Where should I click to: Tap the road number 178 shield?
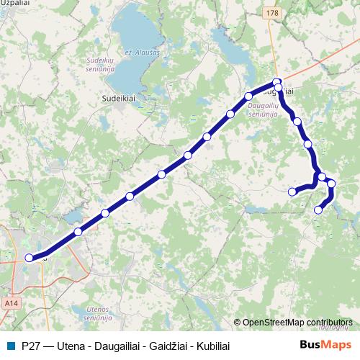pyautogui.click(x=271, y=13)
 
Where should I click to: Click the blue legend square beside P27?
pyautogui.click(x=12, y=345)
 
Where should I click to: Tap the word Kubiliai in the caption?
pyautogui.click(x=215, y=345)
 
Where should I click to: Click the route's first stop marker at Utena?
pyautogui.click(x=29, y=258)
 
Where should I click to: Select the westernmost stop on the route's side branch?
pyautogui.click(x=292, y=192)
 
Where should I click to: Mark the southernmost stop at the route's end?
pyautogui.click(x=318, y=210)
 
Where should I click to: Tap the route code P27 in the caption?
pyautogui.click(x=32, y=345)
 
